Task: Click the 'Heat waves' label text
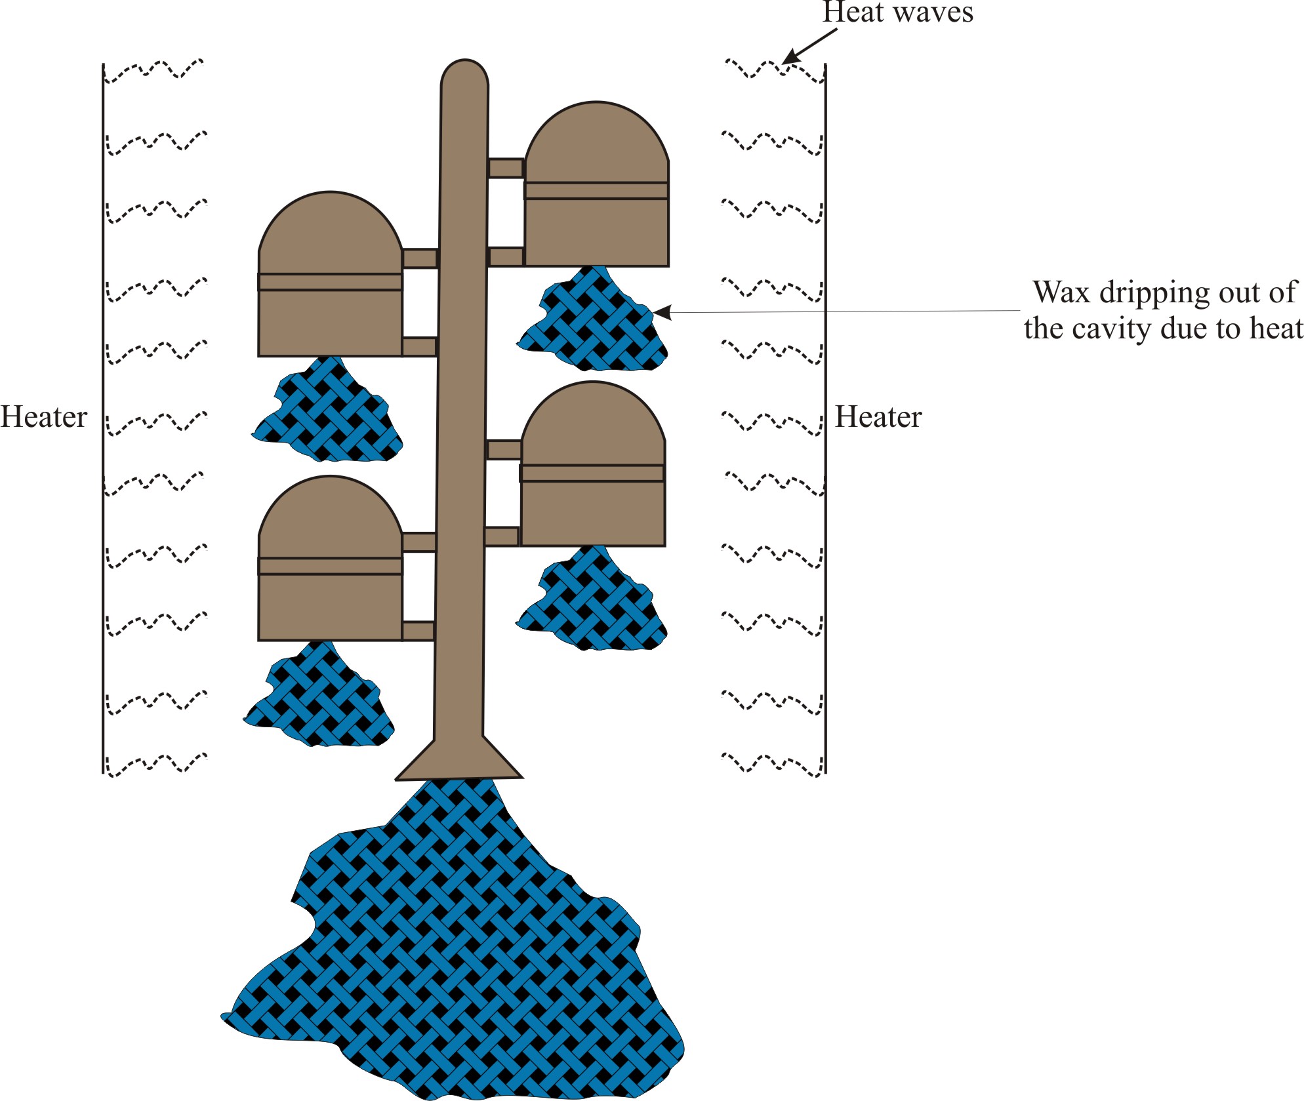click(x=897, y=13)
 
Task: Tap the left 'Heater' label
click(x=43, y=417)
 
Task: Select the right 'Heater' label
click(x=878, y=417)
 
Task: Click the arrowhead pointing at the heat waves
click(x=791, y=56)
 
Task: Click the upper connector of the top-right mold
click(x=506, y=168)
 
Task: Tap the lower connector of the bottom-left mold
click(x=418, y=631)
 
